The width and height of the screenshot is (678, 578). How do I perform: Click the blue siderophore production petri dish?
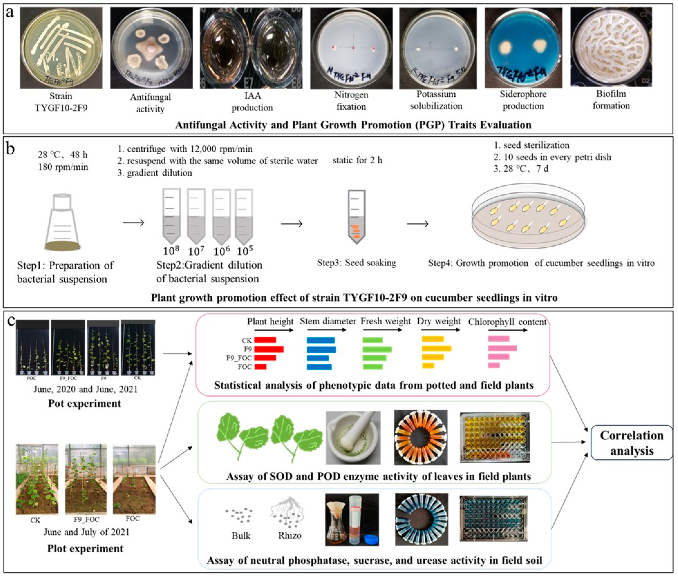(x=523, y=48)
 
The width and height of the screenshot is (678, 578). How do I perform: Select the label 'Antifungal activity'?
(x=150, y=103)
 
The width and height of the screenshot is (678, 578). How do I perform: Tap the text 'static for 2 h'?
(x=357, y=160)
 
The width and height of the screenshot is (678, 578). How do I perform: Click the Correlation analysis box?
(x=632, y=443)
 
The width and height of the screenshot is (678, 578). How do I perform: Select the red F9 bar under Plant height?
(x=269, y=349)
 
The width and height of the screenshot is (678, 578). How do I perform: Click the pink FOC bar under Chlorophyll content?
(x=494, y=365)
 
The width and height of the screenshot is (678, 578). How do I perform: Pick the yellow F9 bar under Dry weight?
(x=436, y=348)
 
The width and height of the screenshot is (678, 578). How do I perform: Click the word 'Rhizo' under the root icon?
(x=290, y=535)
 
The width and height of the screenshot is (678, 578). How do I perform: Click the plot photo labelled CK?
(x=37, y=479)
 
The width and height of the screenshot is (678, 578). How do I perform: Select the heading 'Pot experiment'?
(x=84, y=403)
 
